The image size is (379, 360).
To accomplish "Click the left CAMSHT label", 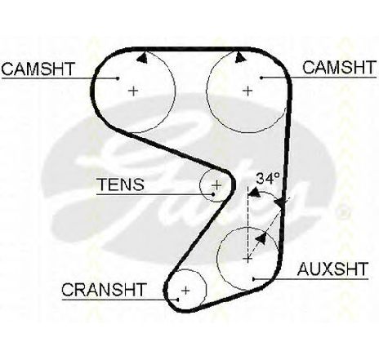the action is [x=38, y=69].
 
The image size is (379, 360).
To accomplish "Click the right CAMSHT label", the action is [x=339, y=68].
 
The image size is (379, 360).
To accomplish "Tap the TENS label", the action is [x=120, y=184].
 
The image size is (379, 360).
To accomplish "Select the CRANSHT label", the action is [x=104, y=290].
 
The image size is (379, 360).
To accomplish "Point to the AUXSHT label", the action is [x=332, y=269].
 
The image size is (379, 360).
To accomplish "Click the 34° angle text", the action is [x=268, y=179].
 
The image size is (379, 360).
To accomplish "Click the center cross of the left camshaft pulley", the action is [x=133, y=91].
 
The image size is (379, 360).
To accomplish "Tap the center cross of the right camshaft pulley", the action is [x=247, y=91].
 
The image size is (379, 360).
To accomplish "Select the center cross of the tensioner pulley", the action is [x=216, y=185].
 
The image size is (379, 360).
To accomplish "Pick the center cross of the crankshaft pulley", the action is [x=185, y=291].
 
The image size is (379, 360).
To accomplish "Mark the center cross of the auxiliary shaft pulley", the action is [x=247, y=259].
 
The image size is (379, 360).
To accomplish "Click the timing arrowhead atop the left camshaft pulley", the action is [x=142, y=58].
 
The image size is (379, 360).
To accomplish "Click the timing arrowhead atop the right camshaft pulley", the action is [x=240, y=57].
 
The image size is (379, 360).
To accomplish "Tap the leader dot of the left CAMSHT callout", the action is [x=118, y=78].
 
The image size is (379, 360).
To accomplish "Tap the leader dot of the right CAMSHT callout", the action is [x=261, y=78].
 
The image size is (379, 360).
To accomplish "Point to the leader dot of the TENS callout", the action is [x=213, y=194].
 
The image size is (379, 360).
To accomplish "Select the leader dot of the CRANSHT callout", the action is [x=177, y=300].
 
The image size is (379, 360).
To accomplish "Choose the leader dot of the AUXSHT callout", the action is [x=253, y=279].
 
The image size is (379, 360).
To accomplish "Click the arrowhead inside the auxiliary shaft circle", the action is [x=261, y=238].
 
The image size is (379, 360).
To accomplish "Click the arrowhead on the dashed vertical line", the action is [x=254, y=193].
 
